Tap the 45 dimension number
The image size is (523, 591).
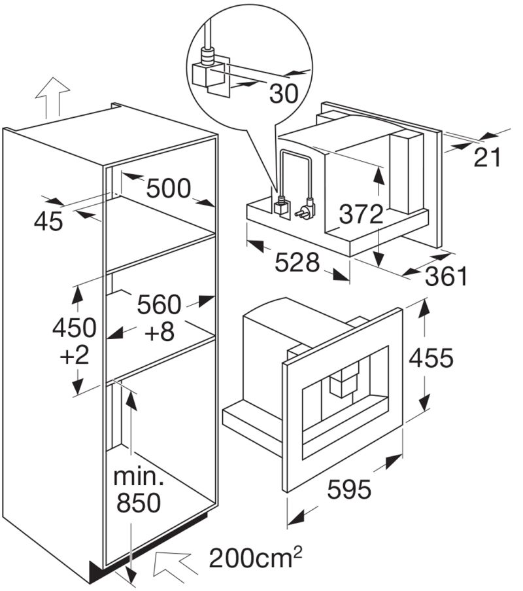pyautogui.click(x=48, y=221)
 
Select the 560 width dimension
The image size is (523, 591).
pyautogui.click(x=159, y=304)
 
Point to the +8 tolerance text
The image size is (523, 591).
pyautogui.click(x=160, y=332)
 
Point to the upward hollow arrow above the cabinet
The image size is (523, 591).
pyautogui.click(x=52, y=96)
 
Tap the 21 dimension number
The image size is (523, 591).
pyautogui.click(x=486, y=157)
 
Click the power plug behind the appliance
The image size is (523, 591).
pyautogui.click(x=305, y=211)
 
